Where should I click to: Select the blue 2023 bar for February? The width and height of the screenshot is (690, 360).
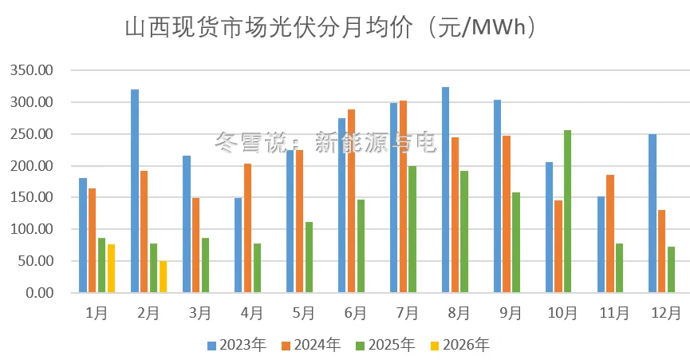135,191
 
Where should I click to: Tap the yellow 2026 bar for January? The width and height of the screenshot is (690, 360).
112,268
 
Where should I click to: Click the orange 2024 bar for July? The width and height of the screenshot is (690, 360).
403,196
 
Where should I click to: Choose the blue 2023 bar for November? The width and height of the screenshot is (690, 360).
601,244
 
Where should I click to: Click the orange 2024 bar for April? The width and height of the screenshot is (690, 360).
247,228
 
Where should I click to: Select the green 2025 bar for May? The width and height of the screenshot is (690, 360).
309,257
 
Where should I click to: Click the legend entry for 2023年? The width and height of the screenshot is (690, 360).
237,345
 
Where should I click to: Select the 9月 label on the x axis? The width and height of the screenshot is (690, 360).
511,314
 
